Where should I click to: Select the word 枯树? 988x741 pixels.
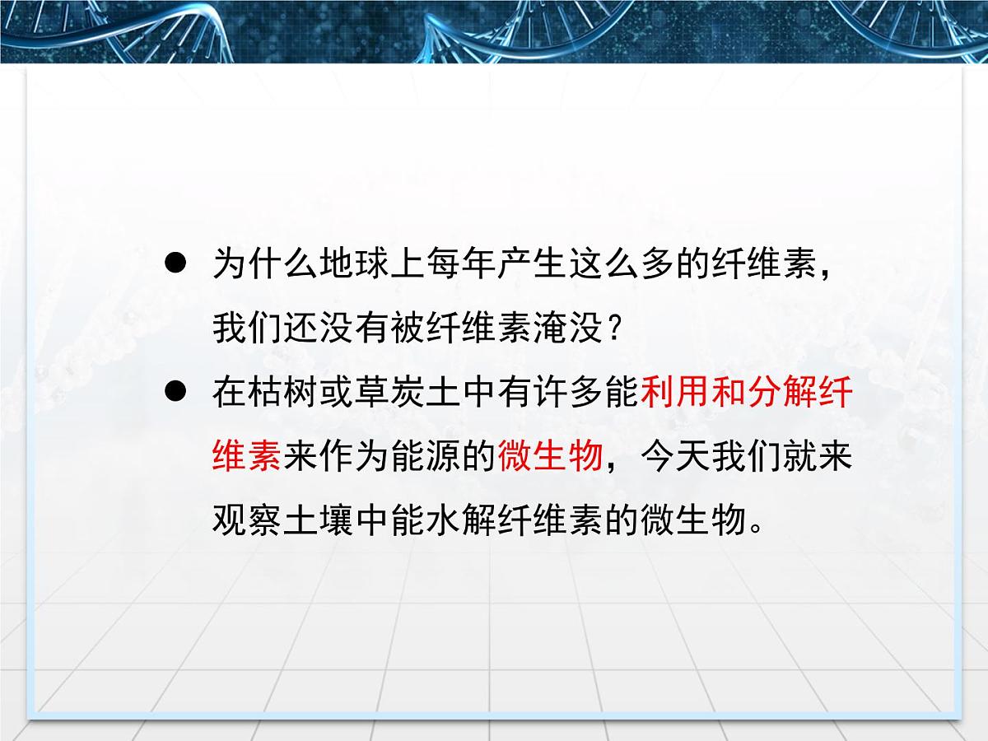283,393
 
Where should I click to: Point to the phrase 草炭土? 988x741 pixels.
390,393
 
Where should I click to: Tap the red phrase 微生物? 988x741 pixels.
550,456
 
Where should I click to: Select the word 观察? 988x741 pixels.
248,520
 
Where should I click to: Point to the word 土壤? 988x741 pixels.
319,520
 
